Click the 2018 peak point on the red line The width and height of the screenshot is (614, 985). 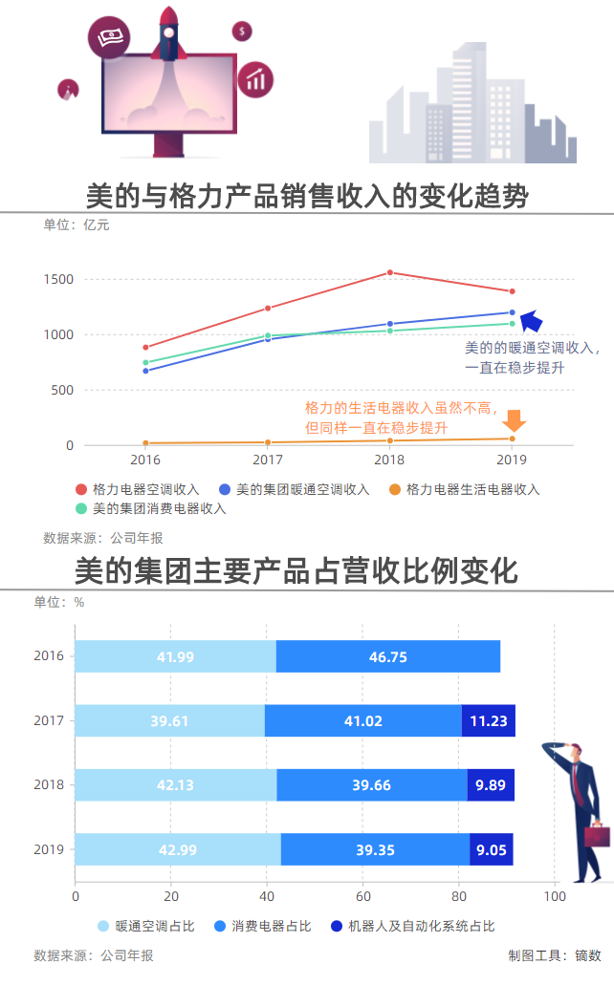click(389, 272)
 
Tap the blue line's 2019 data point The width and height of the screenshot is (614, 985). click(512, 312)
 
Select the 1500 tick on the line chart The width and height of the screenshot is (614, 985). click(56, 279)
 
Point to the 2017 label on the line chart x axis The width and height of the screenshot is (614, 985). click(268, 460)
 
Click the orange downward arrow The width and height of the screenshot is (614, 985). click(515, 420)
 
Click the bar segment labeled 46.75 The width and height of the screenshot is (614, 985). click(387, 656)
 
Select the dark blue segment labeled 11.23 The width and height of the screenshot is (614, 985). click(488, 720)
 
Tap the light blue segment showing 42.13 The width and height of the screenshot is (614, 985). click(175, 785)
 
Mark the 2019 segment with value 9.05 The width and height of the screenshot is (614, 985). click(491, 849)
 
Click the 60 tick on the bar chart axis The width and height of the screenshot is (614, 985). click(362, 896)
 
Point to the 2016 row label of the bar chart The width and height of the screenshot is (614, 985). click(49, 656)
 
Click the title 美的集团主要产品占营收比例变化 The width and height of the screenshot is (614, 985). click(296, 571)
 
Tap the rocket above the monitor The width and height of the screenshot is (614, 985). click(169, 29)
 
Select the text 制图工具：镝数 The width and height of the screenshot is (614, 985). click(555, 955)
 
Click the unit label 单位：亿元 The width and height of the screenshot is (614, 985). click(77, 225)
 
